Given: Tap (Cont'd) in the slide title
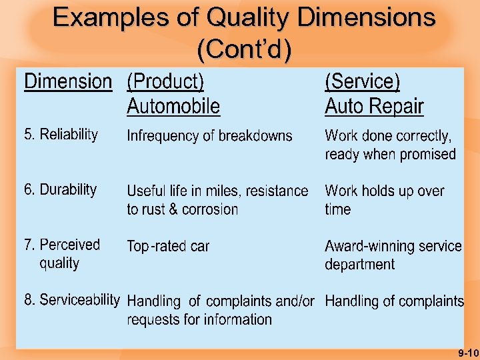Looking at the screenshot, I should pos(244,49).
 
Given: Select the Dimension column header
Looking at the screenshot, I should pos(68,82).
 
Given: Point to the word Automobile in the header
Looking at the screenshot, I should pos(173,106).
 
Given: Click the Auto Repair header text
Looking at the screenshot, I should pos(374,106).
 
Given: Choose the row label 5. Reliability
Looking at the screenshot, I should pos(61,135).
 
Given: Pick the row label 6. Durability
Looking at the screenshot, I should pos(60,189).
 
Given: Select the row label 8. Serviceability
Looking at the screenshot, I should pos(71,300).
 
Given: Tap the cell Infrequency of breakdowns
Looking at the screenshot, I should pos(209,136).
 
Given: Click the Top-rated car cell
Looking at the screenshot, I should pos(168,247).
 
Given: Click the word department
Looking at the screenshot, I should pos(360,265).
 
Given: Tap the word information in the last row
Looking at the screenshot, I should pos(237,319).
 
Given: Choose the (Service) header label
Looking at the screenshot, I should pos(363,82).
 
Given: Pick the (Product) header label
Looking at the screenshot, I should pos(165,82).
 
